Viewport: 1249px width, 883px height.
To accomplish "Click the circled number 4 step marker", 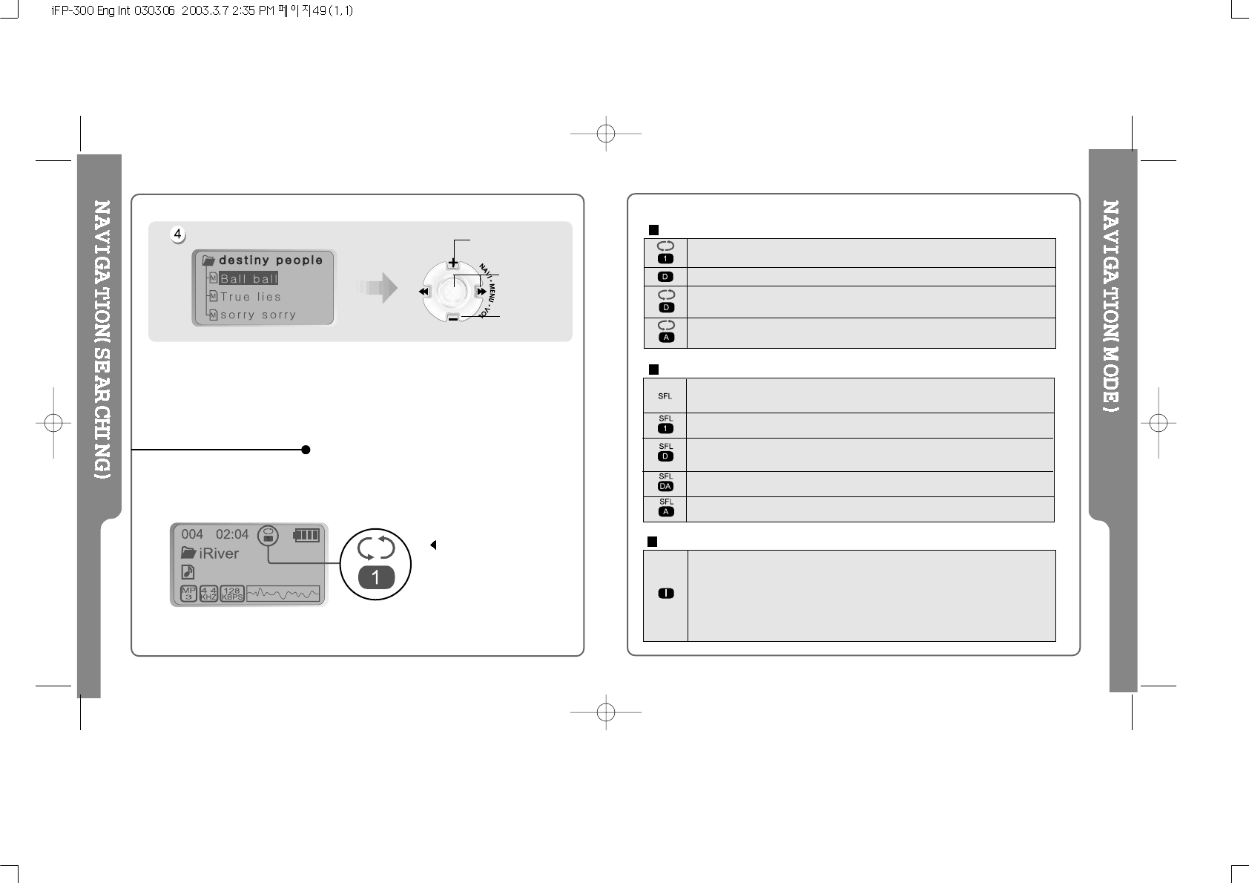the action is [x=178, y=234].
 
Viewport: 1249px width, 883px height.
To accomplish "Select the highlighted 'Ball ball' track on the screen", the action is [x=248, y=279].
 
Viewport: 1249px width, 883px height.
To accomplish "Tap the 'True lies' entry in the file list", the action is [x=251, y=297].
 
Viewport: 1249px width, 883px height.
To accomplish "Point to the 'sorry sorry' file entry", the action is [x=257, y=315].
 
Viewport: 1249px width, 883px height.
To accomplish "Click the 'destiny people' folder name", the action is [x=271, y=260].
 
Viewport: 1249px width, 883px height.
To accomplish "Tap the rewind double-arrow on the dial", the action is [x=424, y=292].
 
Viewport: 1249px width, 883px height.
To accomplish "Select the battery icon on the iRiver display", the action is [x=306, y=534].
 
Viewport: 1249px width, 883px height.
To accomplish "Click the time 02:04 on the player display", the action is [x=232, y=534].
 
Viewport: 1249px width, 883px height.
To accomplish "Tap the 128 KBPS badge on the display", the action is [x=232, y=594].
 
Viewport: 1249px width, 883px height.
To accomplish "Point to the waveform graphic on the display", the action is [x=283, y=594].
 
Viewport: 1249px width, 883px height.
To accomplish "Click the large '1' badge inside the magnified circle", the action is [x=376, y=577].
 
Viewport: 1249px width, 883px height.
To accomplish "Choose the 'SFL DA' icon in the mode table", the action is [x=665, y=483].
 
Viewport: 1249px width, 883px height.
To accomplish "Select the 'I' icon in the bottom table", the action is [x=665, y=594].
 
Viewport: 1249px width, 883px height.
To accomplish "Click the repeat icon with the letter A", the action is [x=665, y=332].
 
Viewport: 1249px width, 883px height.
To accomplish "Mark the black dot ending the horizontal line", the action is [x=306, y=450].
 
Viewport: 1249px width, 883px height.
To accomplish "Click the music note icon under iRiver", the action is [x=188, y=571].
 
